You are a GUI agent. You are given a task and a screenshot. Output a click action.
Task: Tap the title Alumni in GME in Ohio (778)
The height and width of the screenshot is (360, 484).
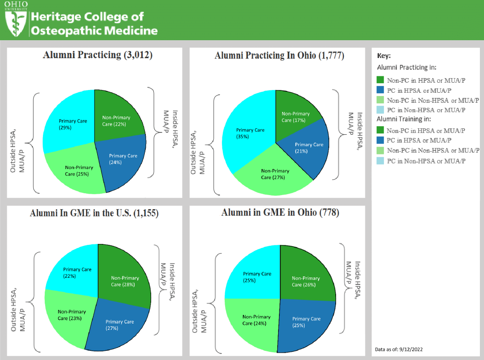(x=280, y=213)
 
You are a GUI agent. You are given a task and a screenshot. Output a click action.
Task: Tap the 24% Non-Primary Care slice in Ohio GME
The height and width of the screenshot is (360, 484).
(x=256, y=320)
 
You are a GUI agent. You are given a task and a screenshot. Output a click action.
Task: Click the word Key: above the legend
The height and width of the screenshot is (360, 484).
(x=384, y=56)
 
